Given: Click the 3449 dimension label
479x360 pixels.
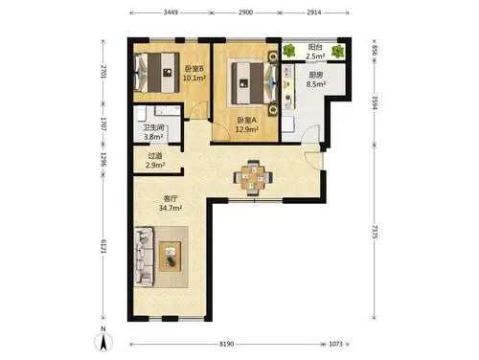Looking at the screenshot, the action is (171, 12).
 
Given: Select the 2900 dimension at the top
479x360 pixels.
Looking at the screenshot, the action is (245, 12).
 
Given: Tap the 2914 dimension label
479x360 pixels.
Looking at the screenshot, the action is (314, 12).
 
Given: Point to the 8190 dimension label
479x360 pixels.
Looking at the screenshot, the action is (226, 344).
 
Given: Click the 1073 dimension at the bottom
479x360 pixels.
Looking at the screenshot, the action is (335, 344).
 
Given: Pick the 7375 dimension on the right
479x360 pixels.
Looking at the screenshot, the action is (375, 232).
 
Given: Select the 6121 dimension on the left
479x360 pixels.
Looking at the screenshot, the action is (103, 246).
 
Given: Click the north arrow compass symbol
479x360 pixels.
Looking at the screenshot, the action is (103, 341).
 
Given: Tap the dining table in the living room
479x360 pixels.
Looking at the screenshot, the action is (253, 178).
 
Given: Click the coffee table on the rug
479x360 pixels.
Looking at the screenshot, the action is (171, 257).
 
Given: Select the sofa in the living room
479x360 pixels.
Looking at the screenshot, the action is (144, 257).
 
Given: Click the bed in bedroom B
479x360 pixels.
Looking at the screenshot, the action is (157, 73).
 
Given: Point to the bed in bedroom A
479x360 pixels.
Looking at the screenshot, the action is (254, 83).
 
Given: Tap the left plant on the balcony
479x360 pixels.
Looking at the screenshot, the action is (289, 51).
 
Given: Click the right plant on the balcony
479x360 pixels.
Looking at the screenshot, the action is (337, 51).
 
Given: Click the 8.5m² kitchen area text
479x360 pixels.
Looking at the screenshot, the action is (316, 84).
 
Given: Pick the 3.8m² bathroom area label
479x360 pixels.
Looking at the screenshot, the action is (153, 137).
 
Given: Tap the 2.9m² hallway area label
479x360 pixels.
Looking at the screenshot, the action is (155, 165).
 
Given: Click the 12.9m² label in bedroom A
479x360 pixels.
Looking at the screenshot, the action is (247, 129).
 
